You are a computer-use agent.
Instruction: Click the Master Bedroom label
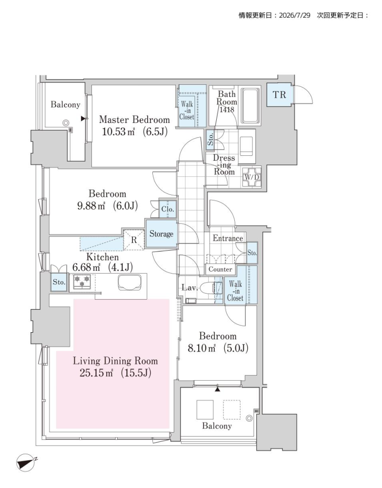click(x=134, y=120)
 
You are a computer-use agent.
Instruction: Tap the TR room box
click(x=280, y=95)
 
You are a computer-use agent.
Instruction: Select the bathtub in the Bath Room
click(x=250, y=106)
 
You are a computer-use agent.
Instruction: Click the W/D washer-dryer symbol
click(x=251, y=177)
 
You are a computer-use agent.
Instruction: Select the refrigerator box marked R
click(x=134, y=240)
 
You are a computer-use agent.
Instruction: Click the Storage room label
click(x=161, y=234)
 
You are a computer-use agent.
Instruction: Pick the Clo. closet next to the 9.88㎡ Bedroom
click(x=168, y=209)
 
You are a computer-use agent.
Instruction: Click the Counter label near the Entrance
click(x=220, y=270)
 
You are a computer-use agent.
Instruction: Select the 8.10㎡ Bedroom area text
click(x=201, y=348)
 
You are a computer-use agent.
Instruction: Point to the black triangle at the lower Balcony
click(x=218, y=388)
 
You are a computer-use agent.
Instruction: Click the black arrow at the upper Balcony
click(x=83, y=119)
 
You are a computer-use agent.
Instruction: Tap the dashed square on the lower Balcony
click(x=232, y=409)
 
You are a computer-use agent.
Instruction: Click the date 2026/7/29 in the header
click(x=294, y=15)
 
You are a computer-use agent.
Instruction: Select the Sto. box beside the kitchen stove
click(x=59, y=282)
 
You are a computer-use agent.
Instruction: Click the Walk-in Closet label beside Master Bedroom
click(x=187, y=111)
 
